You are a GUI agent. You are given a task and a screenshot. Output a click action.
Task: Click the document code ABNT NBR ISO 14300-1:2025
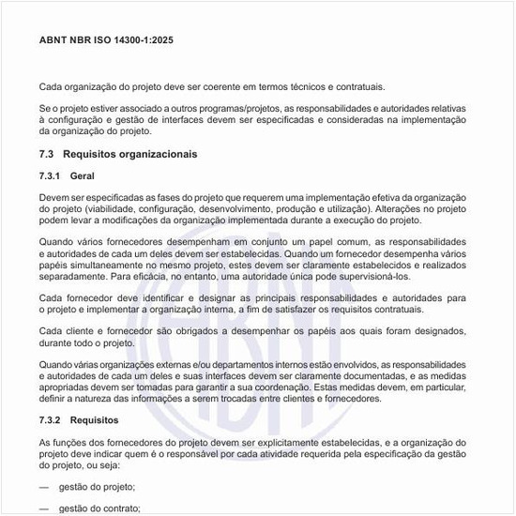pos(106,41)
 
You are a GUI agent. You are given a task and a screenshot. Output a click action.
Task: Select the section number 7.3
pos(48,153)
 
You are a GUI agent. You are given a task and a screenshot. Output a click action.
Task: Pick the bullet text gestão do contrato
pos(99,508)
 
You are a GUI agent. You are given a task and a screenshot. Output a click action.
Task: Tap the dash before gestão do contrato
pos(44,508)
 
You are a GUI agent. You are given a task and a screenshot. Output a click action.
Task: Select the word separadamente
pos(72,278)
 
